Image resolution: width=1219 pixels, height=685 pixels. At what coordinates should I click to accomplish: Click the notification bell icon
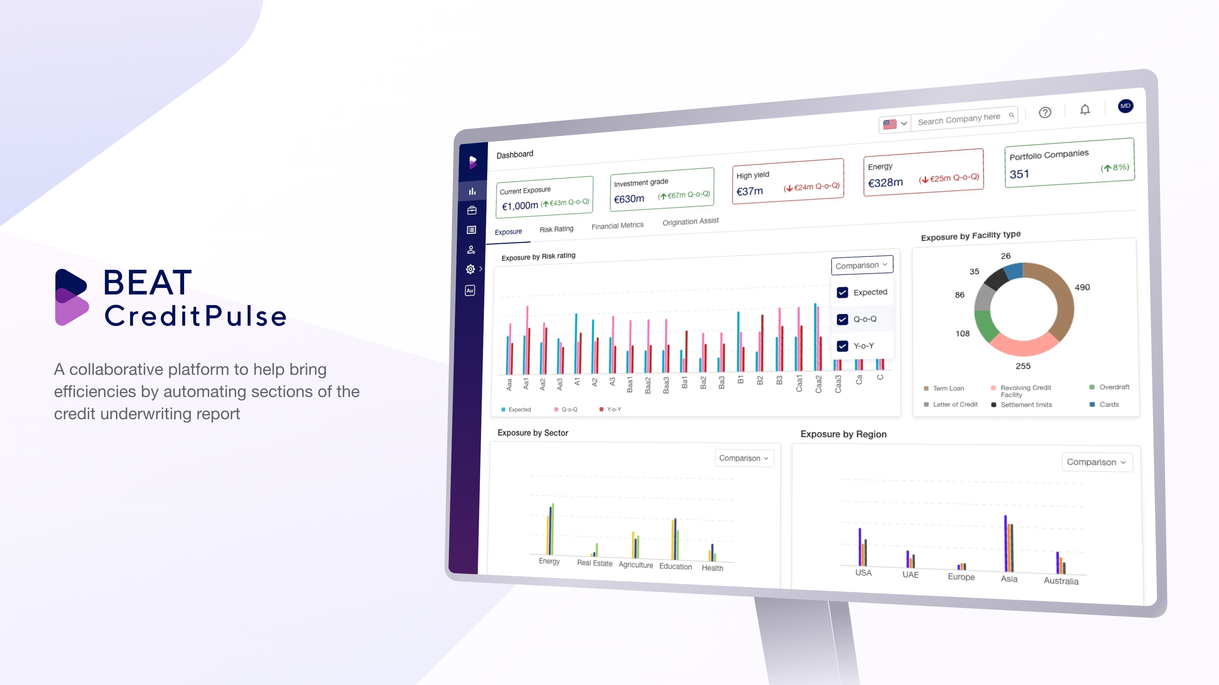(1085, 110)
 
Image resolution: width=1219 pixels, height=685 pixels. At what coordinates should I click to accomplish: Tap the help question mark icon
(1045, 113)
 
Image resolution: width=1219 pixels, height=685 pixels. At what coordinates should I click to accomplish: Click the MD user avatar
(1125, 106)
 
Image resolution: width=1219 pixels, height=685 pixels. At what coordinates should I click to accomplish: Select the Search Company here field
(960, 119)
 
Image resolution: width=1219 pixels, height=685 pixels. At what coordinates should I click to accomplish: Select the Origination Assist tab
(690, 221)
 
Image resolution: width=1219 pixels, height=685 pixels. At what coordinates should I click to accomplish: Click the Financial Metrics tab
(617, 225)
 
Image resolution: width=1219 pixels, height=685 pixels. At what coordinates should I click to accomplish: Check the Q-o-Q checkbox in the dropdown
(842, 319)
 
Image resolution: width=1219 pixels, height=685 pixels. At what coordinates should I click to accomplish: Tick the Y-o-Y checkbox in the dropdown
(842, 346)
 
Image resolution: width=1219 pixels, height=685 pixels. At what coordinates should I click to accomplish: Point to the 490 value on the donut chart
(1082, 287)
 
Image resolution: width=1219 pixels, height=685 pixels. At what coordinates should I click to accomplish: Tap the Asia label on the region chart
(1009, 579)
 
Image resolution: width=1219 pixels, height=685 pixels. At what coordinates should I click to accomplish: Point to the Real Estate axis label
(594, 563)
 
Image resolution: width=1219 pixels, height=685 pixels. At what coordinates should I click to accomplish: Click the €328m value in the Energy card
(885, 182)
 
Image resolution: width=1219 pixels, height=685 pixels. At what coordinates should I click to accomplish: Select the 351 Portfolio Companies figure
(1019, 174)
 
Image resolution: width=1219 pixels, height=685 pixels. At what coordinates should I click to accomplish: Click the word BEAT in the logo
(148, 283)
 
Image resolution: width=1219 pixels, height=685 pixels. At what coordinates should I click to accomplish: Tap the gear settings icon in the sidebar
(470, 269)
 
